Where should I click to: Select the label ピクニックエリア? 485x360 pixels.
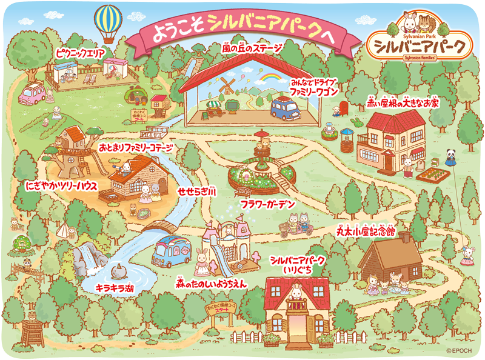pyautogui.click(x=79, y=53)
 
